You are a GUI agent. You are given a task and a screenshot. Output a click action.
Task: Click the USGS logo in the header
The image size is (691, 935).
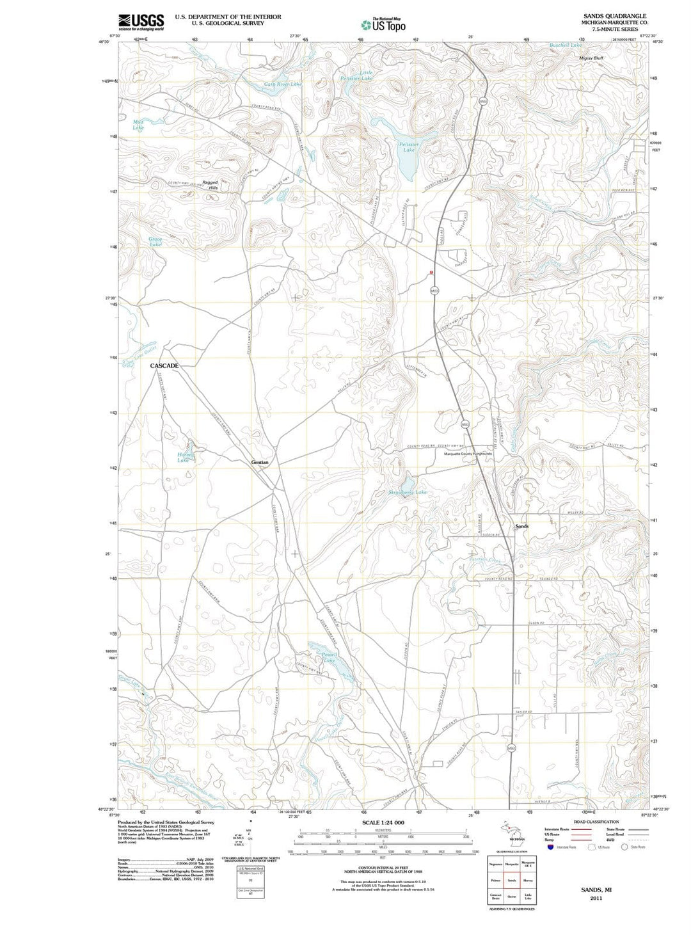141,22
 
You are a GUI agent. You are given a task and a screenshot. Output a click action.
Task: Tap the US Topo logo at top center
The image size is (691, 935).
383,25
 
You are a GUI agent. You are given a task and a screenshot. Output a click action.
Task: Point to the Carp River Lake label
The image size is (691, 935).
283,84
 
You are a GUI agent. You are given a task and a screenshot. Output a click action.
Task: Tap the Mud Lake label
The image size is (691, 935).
138,124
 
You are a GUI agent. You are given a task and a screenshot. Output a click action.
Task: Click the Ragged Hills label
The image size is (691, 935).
210,185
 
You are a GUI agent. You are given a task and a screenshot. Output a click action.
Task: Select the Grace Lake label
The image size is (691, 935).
155,241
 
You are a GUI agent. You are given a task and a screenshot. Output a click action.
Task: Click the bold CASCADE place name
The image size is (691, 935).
164,365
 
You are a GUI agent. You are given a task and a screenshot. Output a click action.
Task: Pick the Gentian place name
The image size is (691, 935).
260,462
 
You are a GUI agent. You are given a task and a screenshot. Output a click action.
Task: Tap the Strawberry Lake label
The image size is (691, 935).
408,492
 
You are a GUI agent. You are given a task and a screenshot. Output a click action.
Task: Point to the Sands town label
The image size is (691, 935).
522,526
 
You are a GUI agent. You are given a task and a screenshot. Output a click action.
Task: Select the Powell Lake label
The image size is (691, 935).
330,657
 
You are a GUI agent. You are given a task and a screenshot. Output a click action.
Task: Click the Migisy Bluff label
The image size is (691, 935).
591,58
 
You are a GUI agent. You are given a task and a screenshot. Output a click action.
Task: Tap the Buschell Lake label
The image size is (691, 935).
566,45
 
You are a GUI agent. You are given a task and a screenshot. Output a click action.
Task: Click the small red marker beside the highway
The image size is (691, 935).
433,273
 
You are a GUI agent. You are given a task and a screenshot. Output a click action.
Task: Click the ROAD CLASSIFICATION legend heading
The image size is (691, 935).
596,822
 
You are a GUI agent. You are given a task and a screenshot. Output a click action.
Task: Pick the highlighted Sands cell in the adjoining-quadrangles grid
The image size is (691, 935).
512,880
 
